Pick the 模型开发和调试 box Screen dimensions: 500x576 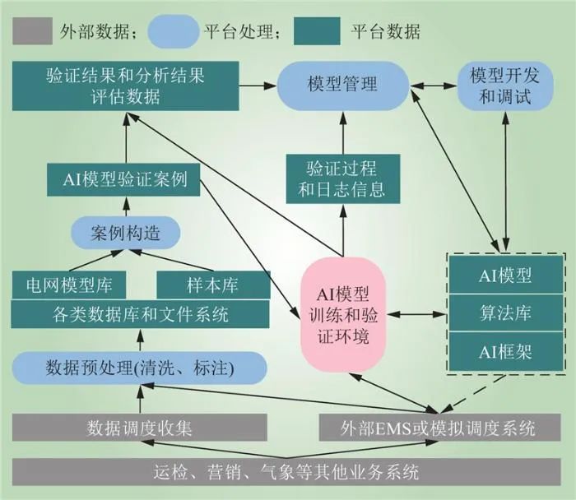[x=499, y=86]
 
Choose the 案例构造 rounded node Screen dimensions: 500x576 [x=125, y=233]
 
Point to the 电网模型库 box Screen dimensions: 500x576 [x=70, y=285]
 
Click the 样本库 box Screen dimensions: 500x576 [x=213, y=285]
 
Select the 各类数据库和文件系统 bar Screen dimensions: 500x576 [x=141, y=312]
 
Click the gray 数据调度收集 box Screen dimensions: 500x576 [x=139, y=427]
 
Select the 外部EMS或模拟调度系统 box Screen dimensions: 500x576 [x=439, y=427]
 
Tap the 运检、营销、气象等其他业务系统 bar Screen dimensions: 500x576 [x=287, y=472]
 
